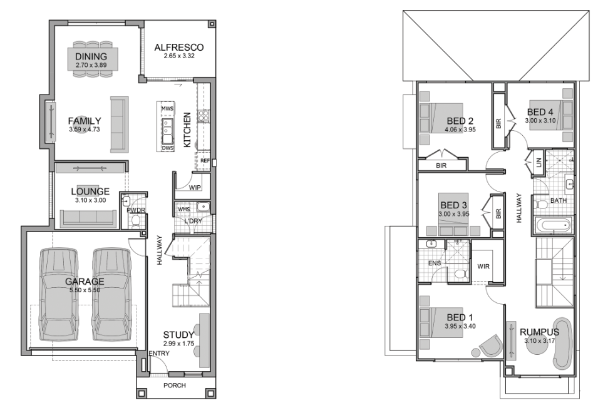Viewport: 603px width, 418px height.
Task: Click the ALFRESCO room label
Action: (x=179, y=48)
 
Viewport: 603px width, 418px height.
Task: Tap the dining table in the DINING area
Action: (x=93, y=59)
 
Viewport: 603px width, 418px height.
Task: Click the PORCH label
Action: (x=175, y=385)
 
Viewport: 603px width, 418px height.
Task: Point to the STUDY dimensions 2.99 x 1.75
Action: (x=179, y=344)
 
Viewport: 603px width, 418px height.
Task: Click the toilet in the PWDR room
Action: (x=135, y=222)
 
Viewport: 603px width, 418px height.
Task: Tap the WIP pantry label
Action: (x=195, y=188)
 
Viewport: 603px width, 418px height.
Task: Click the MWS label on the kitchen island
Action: (x=167, y=109)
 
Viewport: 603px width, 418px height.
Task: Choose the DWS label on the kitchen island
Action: (x=168, y=148)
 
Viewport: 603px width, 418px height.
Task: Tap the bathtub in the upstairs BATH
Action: (x=553, y=225)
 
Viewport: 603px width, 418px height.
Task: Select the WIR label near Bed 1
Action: (x=483, y=266)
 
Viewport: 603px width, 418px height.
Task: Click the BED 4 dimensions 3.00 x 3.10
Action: (x=540, y=121)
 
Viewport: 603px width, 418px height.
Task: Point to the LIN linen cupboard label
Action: (x=539, y=163)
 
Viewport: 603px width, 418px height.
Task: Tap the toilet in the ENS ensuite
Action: (x=461, y=273)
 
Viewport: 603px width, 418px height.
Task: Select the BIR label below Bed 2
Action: (x=441, y=166)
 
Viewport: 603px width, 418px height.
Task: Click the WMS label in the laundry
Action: (x=184, y=210)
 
